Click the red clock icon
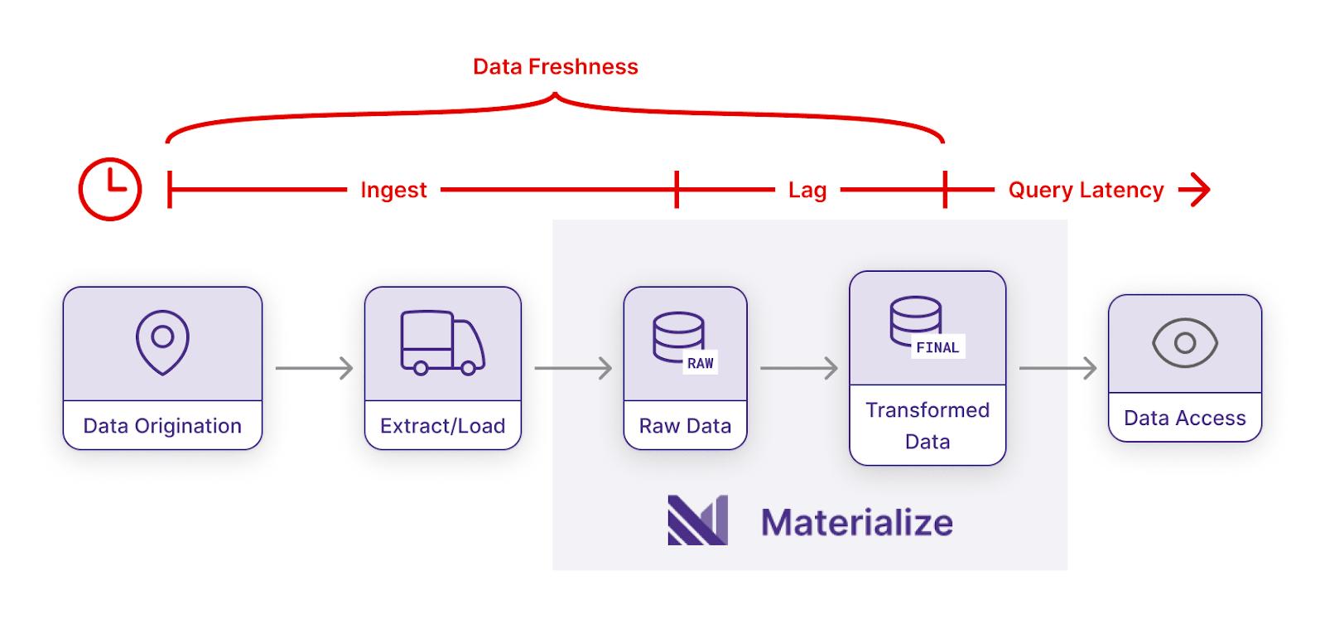(110, 189)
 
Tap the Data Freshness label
(556, 67)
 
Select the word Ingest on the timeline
(393, 191)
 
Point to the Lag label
(807, 191)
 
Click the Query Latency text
(1086, 191)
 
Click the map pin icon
(162, 342)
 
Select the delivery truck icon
(442, 342)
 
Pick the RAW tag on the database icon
(701, 363)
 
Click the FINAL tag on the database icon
(937, 347)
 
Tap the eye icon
(1185, 343)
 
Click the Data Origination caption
(162, 426)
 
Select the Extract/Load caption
(442, 426)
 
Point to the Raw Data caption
(685, 426)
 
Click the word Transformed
(927, 410)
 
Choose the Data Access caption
(1185, 419)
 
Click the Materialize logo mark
(698, 520)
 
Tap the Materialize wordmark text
(857, 522)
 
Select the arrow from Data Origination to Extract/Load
(314, 368)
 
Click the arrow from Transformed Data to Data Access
(1058, 368)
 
